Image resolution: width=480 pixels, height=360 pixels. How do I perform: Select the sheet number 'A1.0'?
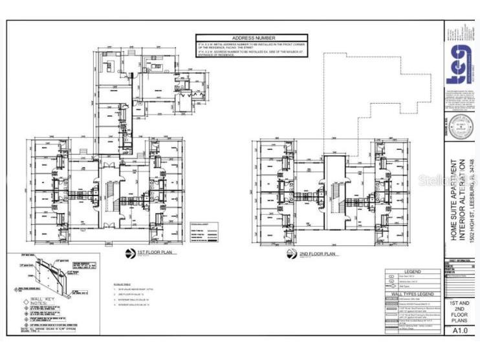coord(459,330)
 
